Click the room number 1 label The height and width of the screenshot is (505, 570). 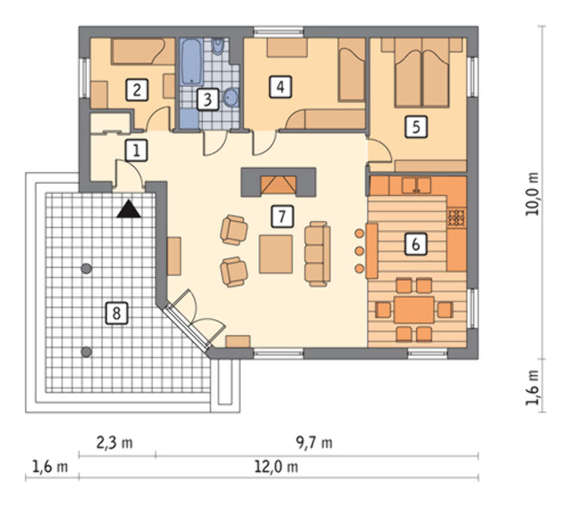(136, 150)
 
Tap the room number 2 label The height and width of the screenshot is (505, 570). (137, 89)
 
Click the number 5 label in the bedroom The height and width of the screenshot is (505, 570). (416, 128)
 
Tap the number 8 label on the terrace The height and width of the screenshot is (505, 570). (116, 312)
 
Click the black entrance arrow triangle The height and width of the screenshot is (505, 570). (129, 210)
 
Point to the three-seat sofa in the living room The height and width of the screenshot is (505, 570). (317, 255)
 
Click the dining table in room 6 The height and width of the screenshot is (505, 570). (414, 309)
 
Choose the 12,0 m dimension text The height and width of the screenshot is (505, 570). (277, 467)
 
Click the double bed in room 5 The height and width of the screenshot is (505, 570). (422, 74)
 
